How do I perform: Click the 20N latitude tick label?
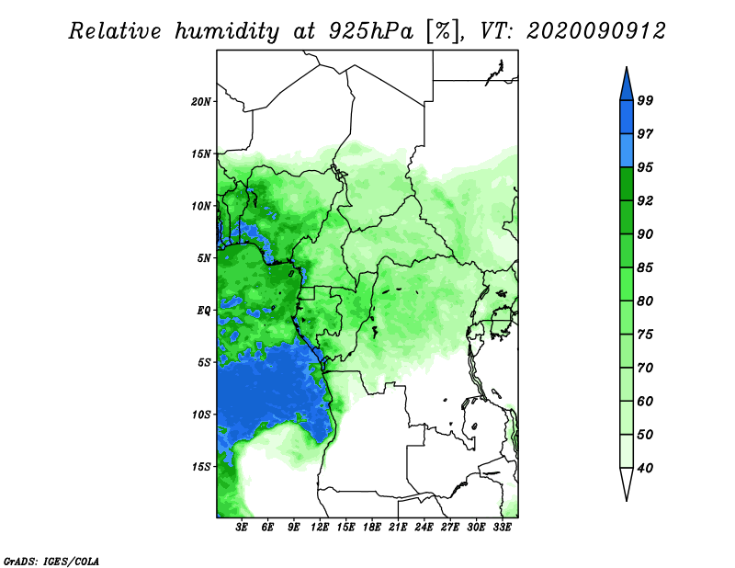coord(200,102)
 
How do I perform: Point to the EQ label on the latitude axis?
coord(203,311)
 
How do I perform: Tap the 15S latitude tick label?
coord(201,467)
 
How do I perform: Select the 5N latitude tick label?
coord(204,258)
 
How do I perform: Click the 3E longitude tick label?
coord(242,528)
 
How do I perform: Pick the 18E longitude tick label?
coord(372,528)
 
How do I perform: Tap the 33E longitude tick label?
coord(502,528)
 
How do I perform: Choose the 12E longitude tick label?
coord(320,528)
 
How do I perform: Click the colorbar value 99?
coord(645,100)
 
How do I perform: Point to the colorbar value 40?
coord(645,468)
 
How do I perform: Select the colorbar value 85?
coord(645,267)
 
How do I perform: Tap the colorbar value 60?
coord(645,402)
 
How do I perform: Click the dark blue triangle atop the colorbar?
coord(627,86)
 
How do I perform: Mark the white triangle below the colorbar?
coord(627,481)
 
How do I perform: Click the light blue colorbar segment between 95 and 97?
coord(627,151)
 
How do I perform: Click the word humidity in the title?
coord(227,31)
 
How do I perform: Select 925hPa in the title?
coord(370,31)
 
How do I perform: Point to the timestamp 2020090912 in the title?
coord(595,31)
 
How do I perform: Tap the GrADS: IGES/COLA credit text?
coord(51,561)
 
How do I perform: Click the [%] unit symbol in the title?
coord(443,31)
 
